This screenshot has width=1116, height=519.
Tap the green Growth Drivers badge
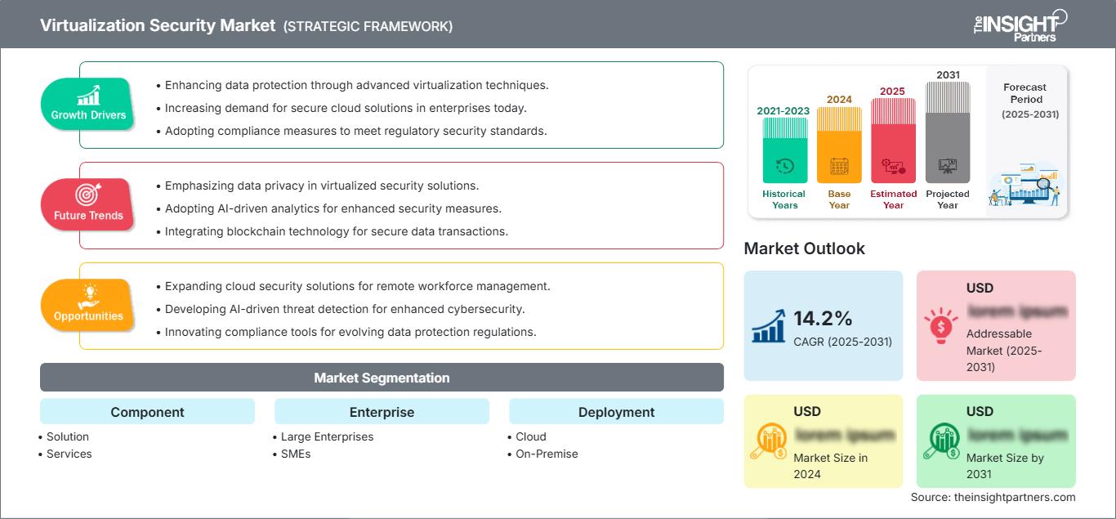click(x=88, y=104)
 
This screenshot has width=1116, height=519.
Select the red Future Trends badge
click(x=88, y=204)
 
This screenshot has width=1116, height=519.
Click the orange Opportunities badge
click(x=88, y=305)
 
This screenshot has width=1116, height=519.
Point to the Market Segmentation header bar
click(x=382, y=378)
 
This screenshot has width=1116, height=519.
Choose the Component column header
click(x=147, y=412)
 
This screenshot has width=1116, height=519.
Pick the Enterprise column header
click(x=382, y=412)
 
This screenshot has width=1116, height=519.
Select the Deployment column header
click(x=616, y=412)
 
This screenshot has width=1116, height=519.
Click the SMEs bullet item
click(x=295, y=454)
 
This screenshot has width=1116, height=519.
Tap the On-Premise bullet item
click(x=547, y=454)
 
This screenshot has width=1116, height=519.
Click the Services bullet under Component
click(x=69, y=454)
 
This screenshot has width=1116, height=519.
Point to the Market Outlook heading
click(x=804, y=248)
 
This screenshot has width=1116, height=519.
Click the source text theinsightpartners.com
click(x=993, y=497)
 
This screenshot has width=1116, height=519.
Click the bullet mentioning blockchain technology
click(x=336, y=231)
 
